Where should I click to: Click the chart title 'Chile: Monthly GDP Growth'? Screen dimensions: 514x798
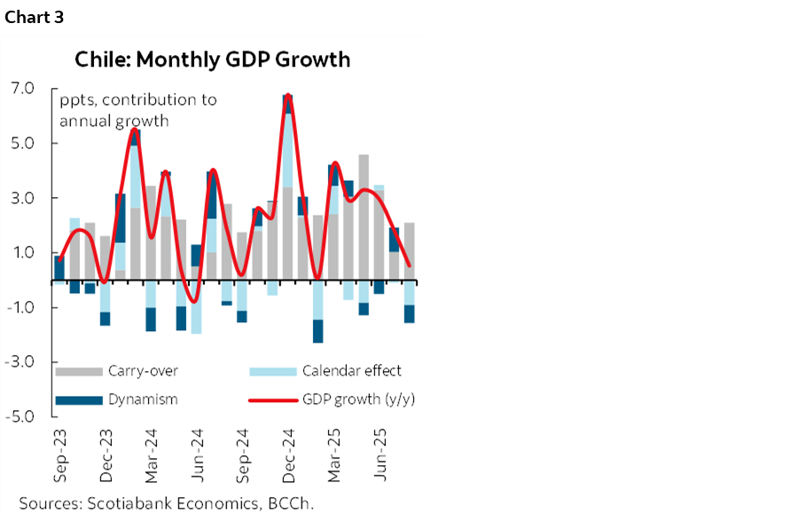pyautogui.click(x=213, y=60)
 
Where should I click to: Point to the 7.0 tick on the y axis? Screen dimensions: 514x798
pyautogui.click(x=23, y=89)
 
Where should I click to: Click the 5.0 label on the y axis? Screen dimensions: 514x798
pyautogui.click(x=23, y=144)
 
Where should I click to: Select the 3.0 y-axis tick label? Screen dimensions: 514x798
pyautogui.click(x=23, y=198)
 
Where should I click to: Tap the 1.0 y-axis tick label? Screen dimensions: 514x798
pyautogui.click(x=23, y=253)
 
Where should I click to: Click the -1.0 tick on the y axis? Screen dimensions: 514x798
pyautogui.click(x=21, y=308)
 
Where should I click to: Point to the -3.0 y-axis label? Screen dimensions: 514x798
pyautogui.click(x=21, y=362)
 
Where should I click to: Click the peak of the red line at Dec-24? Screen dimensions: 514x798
pyautogui.click(x=288, y=95)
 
